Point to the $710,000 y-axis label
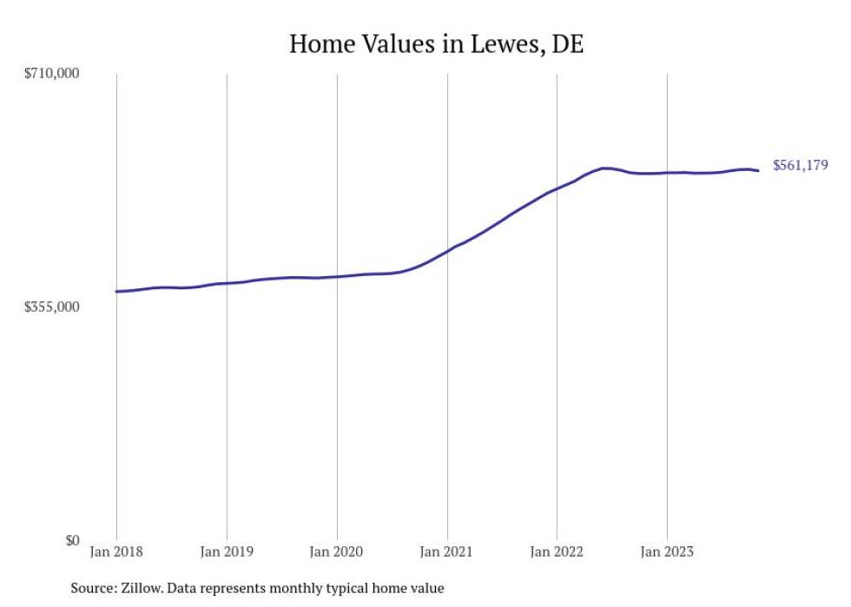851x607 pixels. pos(51,74)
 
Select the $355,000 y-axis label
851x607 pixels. pos(51,307)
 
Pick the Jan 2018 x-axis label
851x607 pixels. pos(116,551)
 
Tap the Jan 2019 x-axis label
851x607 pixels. pos(227,551)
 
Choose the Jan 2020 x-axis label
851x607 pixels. pos(336,551)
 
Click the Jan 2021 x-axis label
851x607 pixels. pos(446,551)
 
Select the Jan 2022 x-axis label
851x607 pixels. pos(557,551)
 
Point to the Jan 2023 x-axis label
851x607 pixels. pos(666,551)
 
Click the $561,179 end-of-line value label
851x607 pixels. pos(801,165)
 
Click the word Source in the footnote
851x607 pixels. pos(92,589)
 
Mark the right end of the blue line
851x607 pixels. pos(759,170)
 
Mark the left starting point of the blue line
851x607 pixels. pos(116,292)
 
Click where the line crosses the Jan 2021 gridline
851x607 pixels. pos(446,251)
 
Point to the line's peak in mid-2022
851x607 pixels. pos(605,168)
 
